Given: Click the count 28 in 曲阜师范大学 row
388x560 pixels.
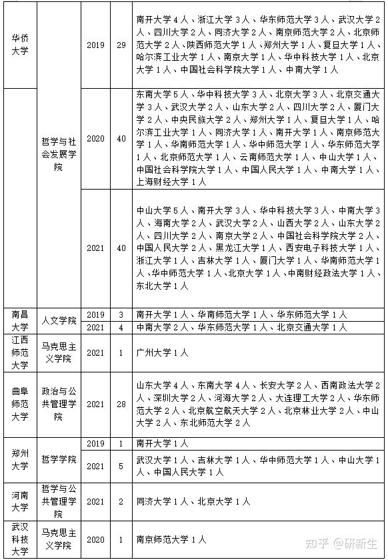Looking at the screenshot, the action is (x=121, y=404).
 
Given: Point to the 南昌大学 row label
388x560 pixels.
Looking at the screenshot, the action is (x=20, y=320).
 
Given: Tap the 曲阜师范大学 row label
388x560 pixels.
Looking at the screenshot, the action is (x=20, y=404).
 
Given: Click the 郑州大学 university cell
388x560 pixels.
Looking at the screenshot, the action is (x=20, y=460).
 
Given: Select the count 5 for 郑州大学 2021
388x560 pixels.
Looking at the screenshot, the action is (x=121, y=466).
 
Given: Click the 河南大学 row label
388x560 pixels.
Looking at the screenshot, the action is (x=20, y=501).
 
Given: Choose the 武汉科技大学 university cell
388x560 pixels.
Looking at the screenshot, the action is (x=20, y=539).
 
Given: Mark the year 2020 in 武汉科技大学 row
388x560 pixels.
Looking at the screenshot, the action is (x=97, y=539).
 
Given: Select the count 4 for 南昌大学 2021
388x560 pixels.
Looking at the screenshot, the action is (x=121, y=327).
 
